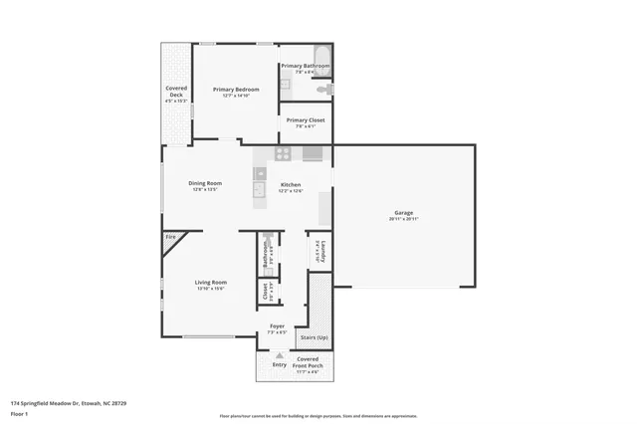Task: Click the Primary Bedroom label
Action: pos(235,90)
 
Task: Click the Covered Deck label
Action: pos(175,92)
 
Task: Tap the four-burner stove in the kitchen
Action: pos(283,153)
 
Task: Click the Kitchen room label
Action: pos(291,185)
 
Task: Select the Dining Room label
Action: pos(205,184)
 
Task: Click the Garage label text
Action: pos(403,214)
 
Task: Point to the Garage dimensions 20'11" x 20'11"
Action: pos(403,220)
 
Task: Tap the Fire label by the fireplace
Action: pos(170,237)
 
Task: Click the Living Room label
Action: pos(210,282)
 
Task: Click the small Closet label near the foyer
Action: pos(265,291)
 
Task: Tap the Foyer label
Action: pos(277,325)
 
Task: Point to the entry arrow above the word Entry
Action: pos(280,355)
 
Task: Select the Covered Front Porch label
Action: pos(308,361)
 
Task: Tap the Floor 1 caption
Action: pos(19,412)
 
